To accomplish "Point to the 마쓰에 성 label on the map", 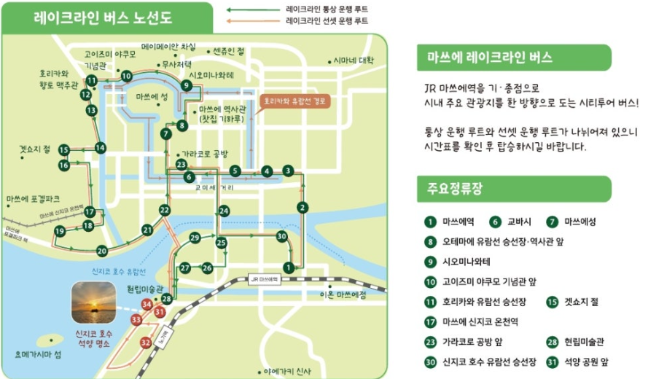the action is click(x=152, y=97).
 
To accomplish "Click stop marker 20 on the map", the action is click(x=102, y=251).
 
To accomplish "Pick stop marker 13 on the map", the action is click(x=91, y=110).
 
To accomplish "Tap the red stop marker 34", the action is click(x=147, y=304).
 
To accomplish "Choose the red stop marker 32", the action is click(x=146, y=342).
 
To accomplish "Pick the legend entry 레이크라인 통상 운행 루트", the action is click(x=327, y=9).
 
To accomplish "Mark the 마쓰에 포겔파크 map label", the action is click(x=32, y=198).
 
